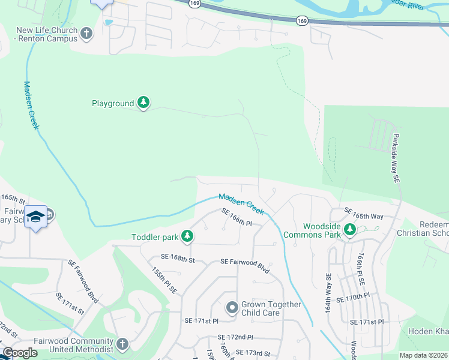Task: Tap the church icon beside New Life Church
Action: tap(87, 34)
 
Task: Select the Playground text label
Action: tap(113, 104)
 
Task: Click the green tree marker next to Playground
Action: tap(143, 103)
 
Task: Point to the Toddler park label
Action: tap(155, 237)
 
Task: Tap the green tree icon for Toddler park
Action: tap(187, 237)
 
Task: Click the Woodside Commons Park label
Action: tap(312, 230)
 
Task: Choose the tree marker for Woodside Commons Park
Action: tap(350, 229)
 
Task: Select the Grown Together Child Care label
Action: tap(271, 308)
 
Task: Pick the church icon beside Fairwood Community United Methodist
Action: tap(122, 344)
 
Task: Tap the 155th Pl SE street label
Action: tap(164, 280)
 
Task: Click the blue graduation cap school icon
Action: tap(35, 216)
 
